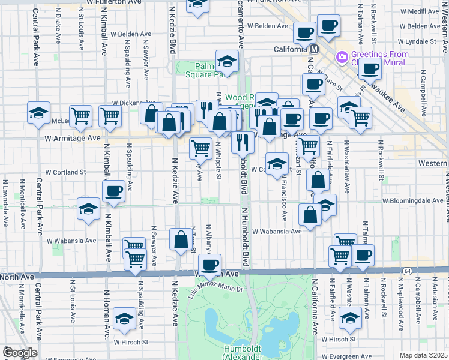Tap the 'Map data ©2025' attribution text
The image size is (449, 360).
pyautogui.click(x=424, y=355)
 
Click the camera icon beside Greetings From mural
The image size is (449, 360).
pyautogui.click(x=342, y=57)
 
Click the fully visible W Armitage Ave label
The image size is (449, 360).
pyautogui.click(x=73, y=138)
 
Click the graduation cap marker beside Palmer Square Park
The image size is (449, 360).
pyautogui.click(x=227, y=61)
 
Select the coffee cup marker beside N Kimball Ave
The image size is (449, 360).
pyautogui.click(x=113, y=191)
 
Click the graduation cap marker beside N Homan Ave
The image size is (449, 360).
pyautogui.click(x=124, y=319)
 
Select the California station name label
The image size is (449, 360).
pyautogui.click(x=291, y=49)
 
